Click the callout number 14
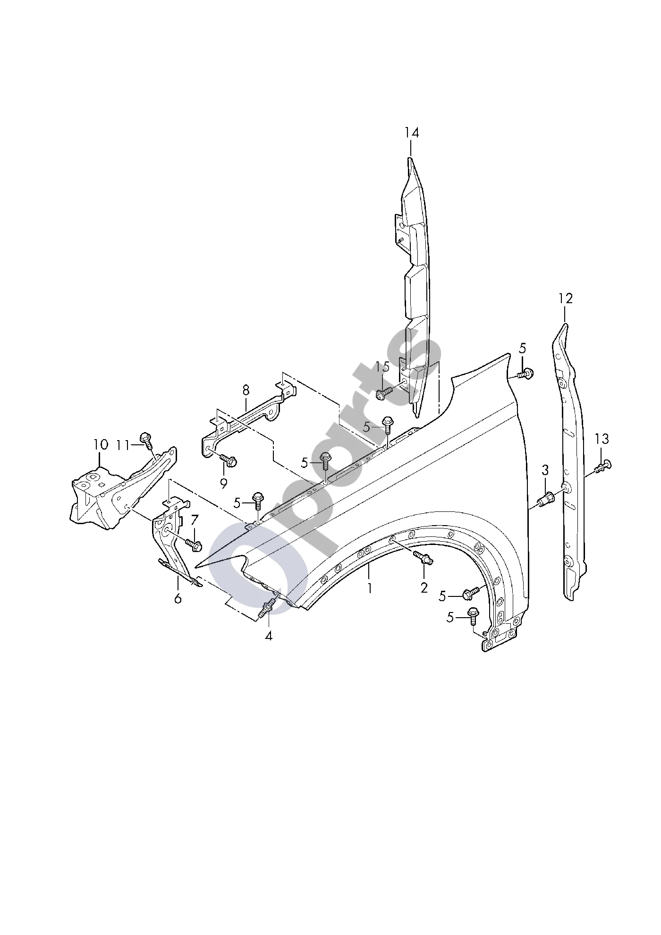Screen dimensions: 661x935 point(411,133)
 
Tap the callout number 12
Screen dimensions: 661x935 point(565,298)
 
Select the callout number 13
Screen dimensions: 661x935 point(602,439)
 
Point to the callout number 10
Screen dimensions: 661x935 point(101,444)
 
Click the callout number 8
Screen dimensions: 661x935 point(246,390)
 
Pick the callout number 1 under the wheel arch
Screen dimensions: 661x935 point(370,588)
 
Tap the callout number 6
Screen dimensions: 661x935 point(178,598)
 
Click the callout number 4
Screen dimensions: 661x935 point(268,636)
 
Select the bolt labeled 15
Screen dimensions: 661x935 point(385,391)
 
